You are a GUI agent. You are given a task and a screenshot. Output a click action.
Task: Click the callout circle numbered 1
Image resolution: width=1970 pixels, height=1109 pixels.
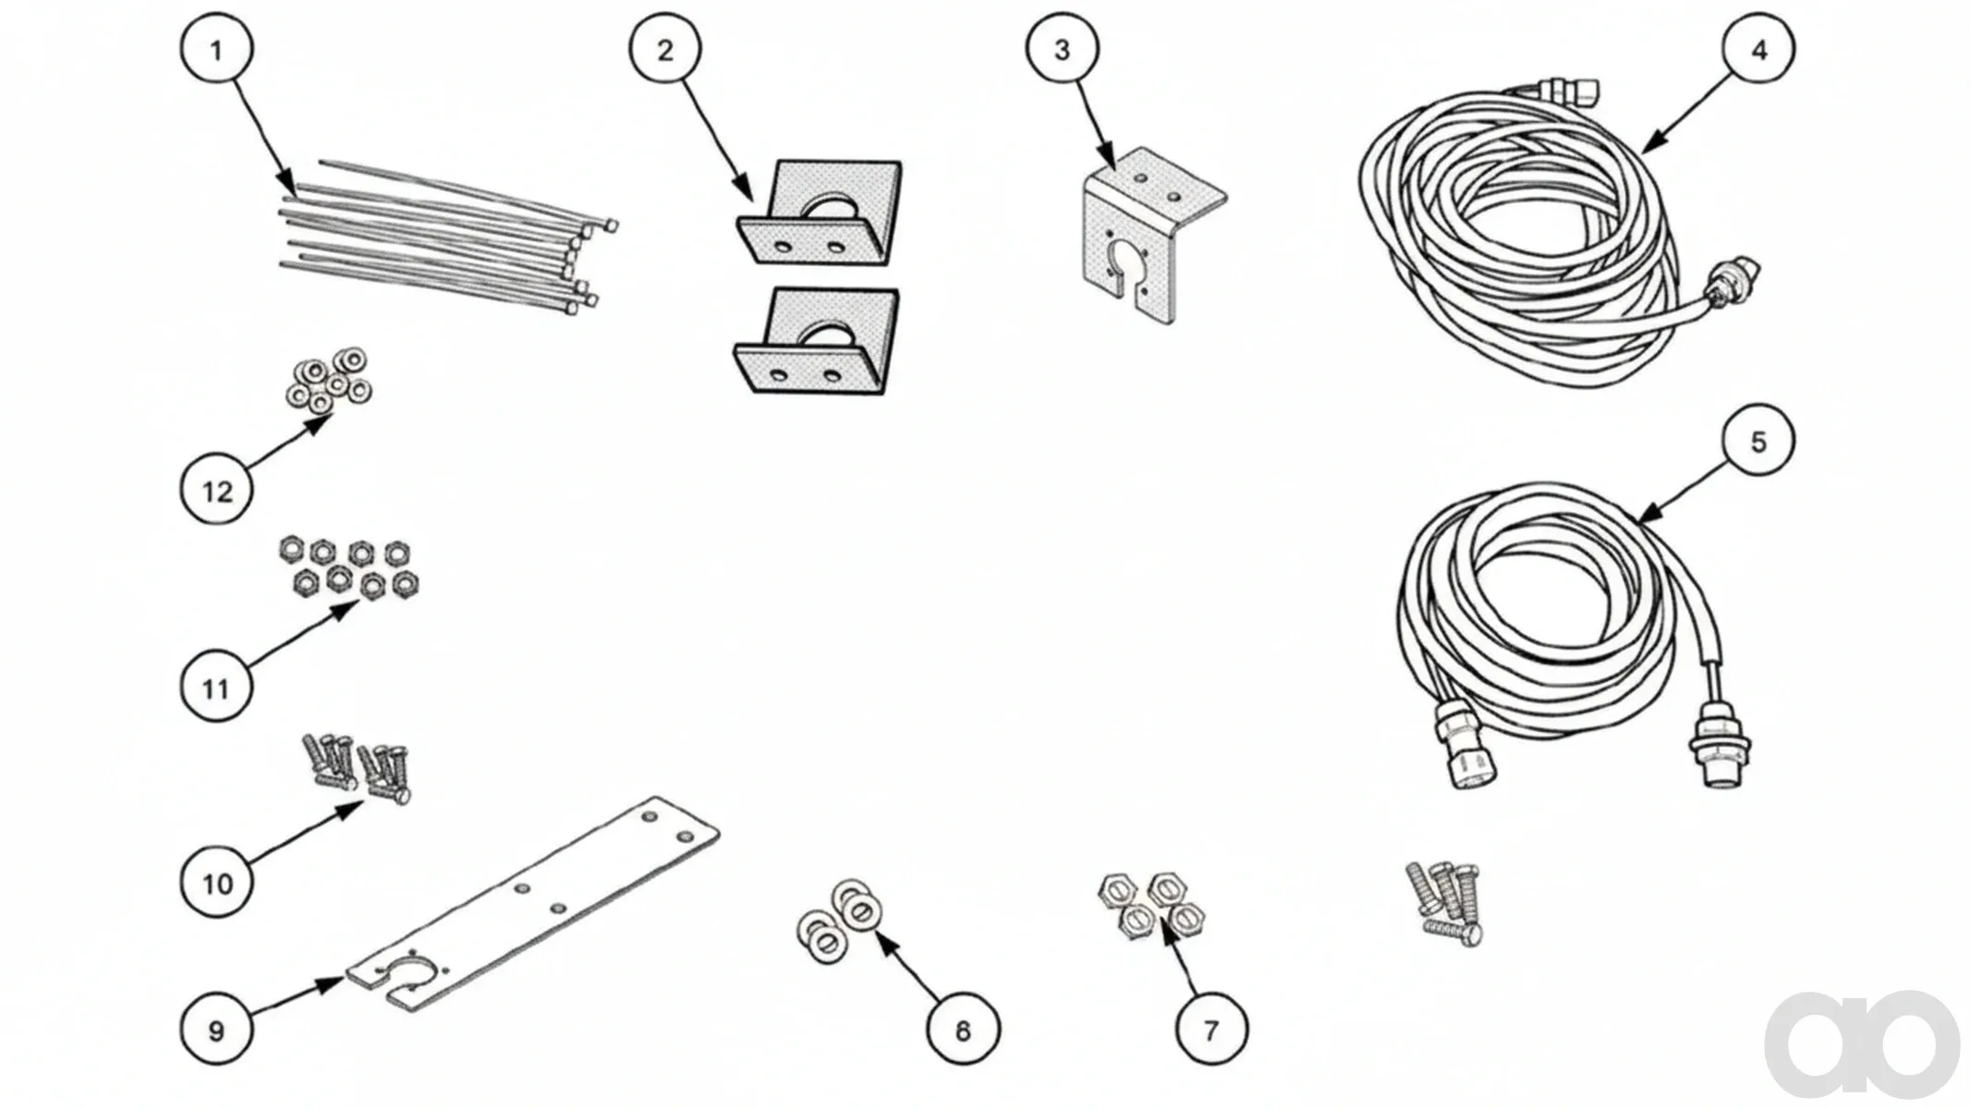pos(216,49)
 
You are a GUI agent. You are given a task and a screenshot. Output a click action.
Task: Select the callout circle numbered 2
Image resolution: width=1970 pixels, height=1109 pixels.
pos(665,49)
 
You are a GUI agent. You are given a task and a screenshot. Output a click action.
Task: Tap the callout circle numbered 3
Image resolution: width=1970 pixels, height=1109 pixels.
pos(1062,49)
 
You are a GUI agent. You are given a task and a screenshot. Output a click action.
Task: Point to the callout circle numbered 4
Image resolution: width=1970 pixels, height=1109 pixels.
pos(1758,49)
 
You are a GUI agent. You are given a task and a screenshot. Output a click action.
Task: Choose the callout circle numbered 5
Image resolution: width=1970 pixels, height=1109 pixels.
pos(1757,442)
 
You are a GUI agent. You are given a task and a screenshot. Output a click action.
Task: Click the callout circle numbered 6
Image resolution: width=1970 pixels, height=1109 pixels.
pos(963,1030)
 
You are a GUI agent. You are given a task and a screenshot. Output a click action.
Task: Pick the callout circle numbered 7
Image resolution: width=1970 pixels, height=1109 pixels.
pos(1211,1030)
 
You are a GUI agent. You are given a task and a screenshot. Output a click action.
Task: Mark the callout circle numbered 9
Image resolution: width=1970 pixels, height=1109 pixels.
pos(216,1030)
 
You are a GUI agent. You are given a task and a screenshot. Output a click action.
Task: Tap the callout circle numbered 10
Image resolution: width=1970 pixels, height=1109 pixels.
pos(216,884)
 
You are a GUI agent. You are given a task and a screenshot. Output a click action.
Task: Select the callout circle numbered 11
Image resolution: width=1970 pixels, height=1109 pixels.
pos(216,688)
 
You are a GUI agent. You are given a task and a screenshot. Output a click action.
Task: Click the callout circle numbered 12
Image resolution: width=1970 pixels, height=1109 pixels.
pos(216,491)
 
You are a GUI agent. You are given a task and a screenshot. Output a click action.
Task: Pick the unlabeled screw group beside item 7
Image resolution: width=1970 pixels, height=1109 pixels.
pos(1445,903)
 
